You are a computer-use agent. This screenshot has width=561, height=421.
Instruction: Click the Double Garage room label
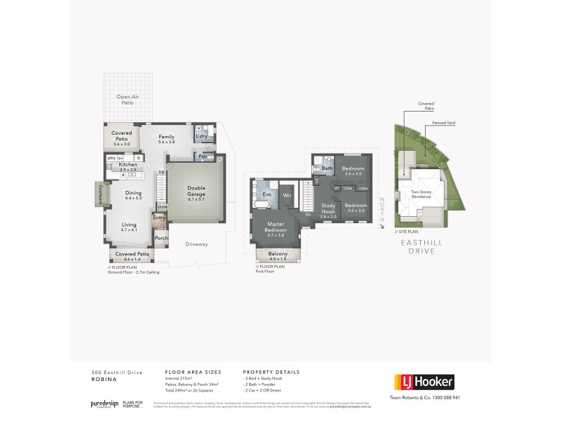coord(195,190)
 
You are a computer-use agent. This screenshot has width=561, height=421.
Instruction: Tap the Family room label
coord(166,137)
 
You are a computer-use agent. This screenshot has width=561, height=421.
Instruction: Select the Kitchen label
coord(128,164)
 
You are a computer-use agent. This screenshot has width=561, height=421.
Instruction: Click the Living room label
coord(129,225)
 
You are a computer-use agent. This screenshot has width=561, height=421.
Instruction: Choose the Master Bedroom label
coord(275,227)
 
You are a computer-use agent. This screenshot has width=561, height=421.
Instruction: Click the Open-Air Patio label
coord(126,99)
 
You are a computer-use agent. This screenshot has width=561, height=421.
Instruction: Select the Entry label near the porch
coord(159,218)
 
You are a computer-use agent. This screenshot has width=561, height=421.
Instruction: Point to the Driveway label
coord(197,243)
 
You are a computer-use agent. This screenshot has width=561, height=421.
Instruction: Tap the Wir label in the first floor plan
coord(287,195)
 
